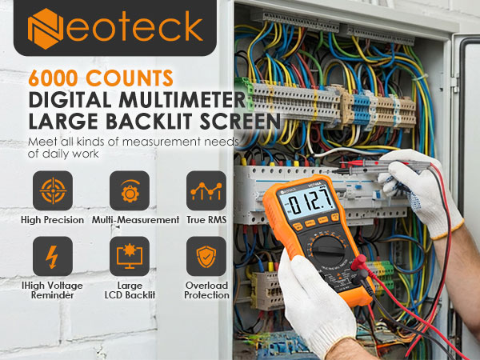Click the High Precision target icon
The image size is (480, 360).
click(53, 191)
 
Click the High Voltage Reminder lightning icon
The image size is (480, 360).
click(53, 257)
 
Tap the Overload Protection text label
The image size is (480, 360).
click(206, 290)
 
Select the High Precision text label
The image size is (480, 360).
click(53, 220)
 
